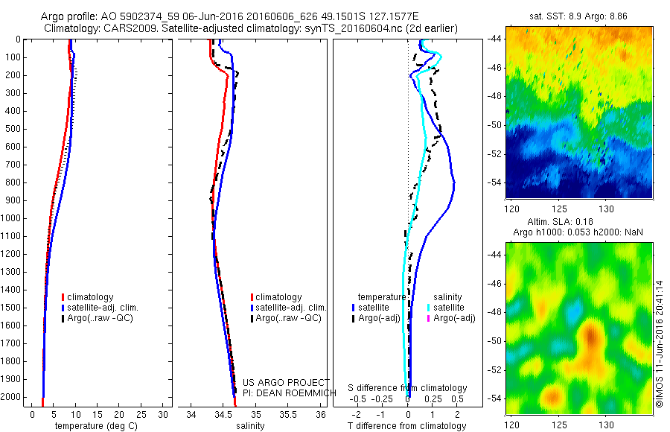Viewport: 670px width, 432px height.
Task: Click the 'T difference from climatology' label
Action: tap(408, 426)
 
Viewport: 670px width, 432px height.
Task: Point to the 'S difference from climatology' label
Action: tap(407, 389)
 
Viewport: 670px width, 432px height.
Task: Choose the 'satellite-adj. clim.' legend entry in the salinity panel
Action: tap(291, 308)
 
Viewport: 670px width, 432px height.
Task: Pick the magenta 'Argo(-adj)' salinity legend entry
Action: tap(454, 318)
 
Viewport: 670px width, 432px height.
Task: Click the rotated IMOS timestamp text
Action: tap(660, 343)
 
